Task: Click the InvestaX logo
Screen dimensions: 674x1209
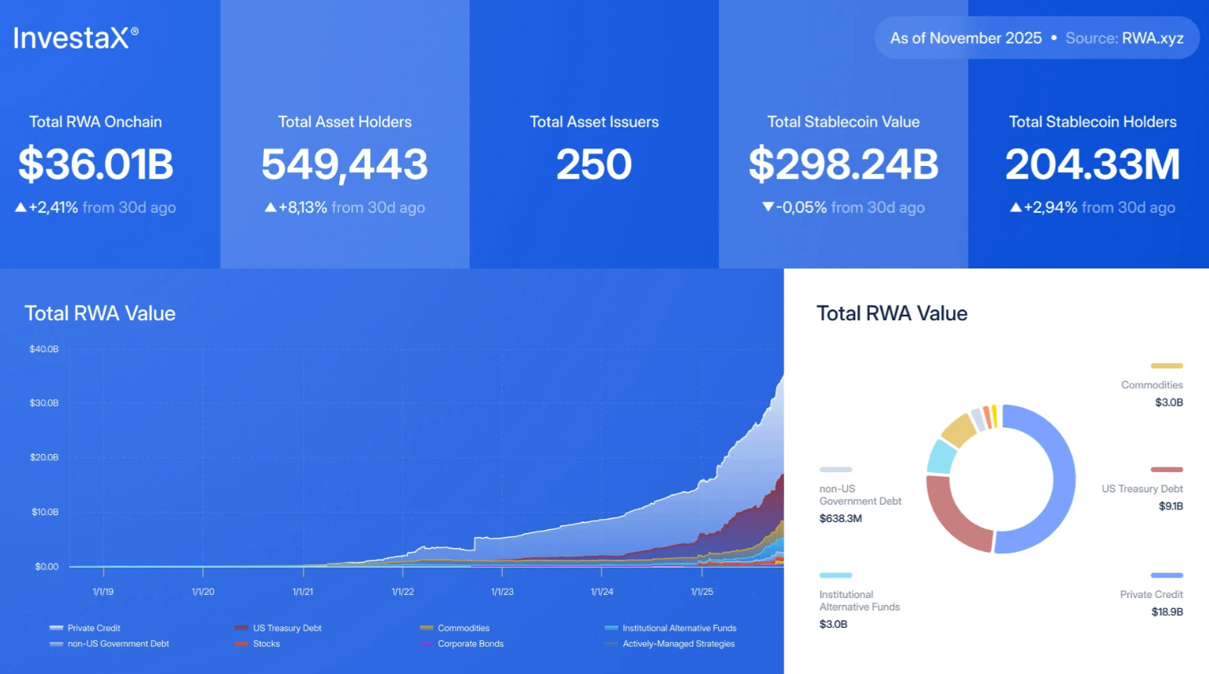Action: pyautogui.click(x=75, y=38)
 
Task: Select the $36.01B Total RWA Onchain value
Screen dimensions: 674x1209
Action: pyautogui.click(x=96, y=164)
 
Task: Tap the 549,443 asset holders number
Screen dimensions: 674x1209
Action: pyautogui.click(x=345, y=164)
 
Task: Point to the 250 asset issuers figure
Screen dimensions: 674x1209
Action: pyautogui.click(x=594, y=164)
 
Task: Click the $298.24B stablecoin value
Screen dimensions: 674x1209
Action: pyautogui.click(x=843, y=164)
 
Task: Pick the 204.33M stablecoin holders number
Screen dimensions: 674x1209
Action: pyautogui.click(x=1092, y=164)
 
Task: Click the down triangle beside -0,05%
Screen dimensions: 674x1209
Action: pyautogui.click(x=768, y=207)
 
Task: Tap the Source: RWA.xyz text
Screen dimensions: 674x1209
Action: pyautogui.click(x=1124, y=38)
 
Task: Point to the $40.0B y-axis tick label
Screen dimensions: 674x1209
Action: pyautogui.click(x=44, y=349)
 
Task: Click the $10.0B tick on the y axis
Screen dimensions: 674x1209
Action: pyautogui.click(x=45, y=512)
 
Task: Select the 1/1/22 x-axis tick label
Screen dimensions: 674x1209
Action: pyautogui.click(x=402, y=592)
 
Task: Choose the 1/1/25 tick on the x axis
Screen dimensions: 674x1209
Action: pyautogui.click(x=702, y=592)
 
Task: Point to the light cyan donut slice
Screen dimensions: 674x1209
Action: pyautogui.click(x=940, y=456)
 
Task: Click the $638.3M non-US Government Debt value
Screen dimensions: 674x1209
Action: pyautogui.click(x=840, y=518)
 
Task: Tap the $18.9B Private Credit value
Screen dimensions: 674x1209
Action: pyautogui.click(x=1167, y=612)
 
